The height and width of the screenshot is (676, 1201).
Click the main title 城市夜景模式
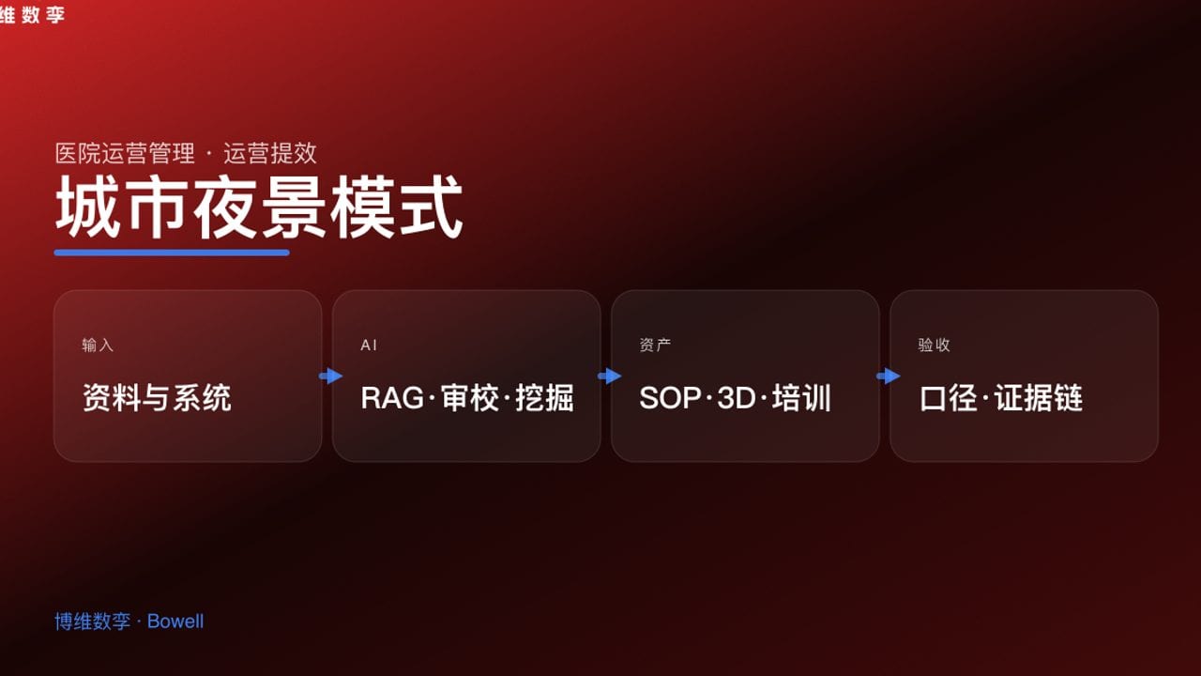[x=259, y=207]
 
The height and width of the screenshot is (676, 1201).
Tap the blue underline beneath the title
[x=172, y=252]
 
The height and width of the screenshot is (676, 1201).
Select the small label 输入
[x=98, y=346]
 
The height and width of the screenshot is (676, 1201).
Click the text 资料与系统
[x=157, y=398]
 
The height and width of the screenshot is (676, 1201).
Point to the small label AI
[x=369, y=346]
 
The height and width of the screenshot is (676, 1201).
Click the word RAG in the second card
[x=392, y=398]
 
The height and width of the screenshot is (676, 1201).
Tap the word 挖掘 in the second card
[x=545, y=398]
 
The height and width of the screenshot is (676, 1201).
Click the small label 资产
[x=655, y=346]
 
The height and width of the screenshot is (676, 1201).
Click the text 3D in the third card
[x=737, y=398]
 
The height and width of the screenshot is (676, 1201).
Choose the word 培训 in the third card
[x=802, y=398]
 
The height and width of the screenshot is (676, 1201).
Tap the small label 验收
[x=934, y=346]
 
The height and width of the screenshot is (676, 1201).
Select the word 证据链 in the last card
[x=1039, y=398]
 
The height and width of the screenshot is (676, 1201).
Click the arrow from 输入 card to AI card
[x=331, y=376]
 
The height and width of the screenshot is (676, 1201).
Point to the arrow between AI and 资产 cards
[x=610, y=376]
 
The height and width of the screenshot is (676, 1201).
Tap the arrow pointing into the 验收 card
[x=889, y=376]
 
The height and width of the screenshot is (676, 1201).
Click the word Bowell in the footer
[x=175, y=622]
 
